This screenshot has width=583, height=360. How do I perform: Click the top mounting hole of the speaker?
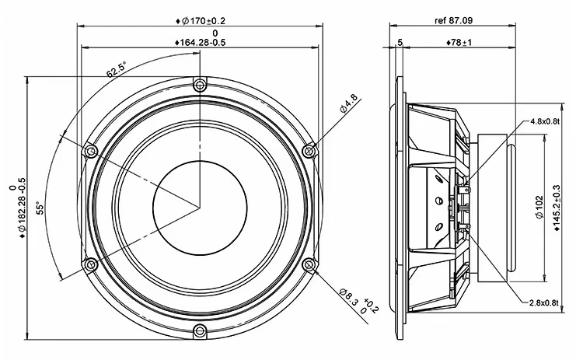[200, 84]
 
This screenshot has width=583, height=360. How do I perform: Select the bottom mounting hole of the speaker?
[200, 331]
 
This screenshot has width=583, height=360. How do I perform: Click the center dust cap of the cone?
[200, 206]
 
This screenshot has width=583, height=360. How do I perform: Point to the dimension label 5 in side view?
[399, 42]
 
